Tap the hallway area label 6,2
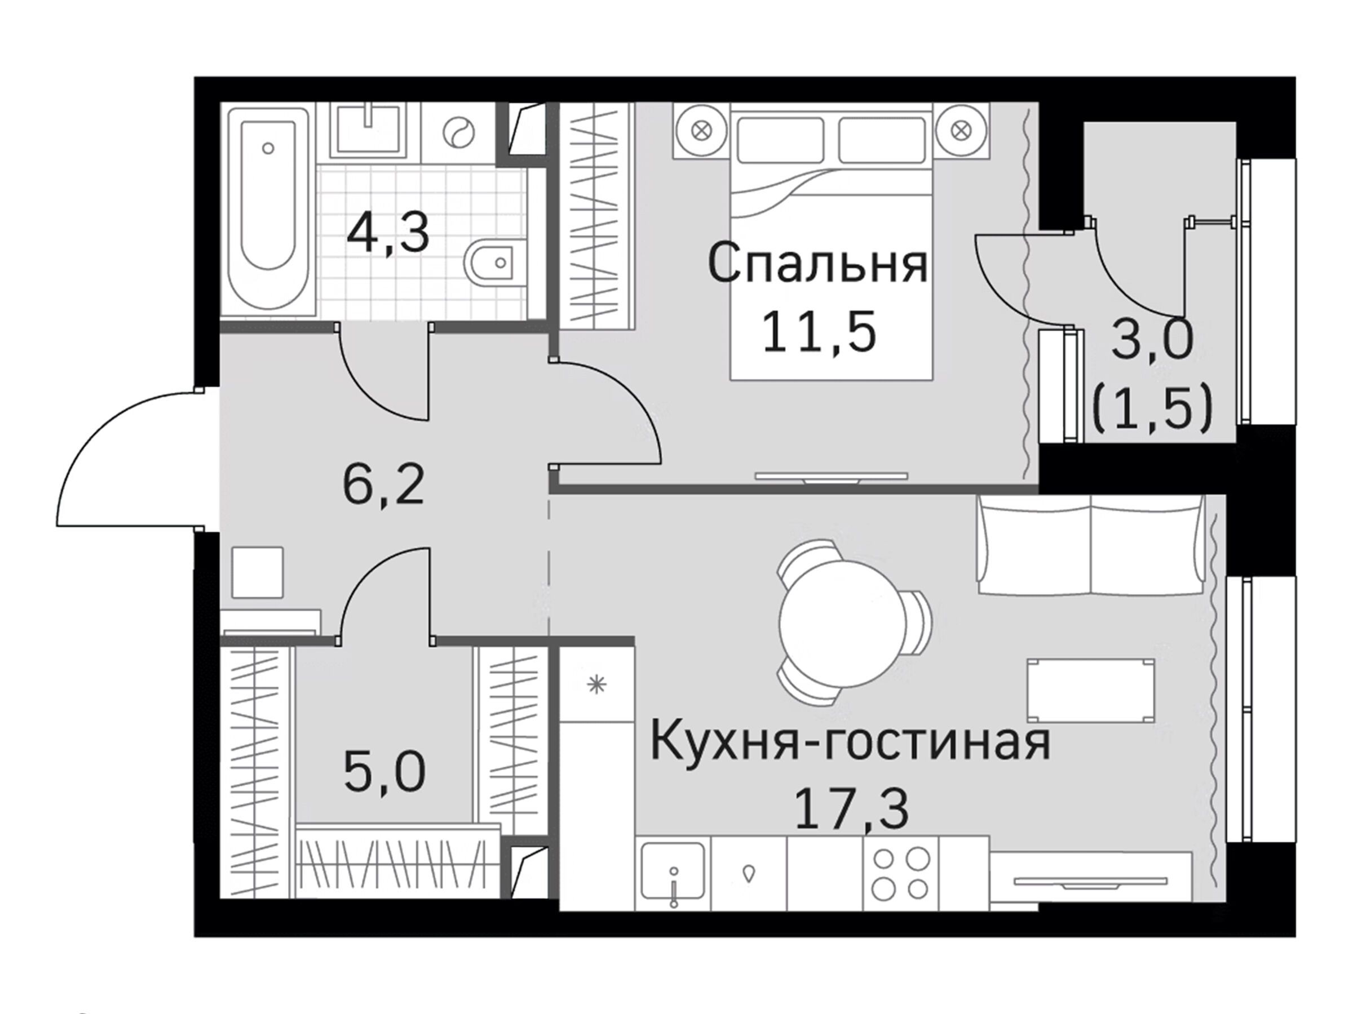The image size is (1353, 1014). (x=383, y=484)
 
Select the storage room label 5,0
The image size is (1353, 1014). (x=384, y=772)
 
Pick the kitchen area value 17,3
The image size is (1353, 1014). (x=851, y=810)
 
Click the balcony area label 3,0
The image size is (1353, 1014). (x=1152, y=340)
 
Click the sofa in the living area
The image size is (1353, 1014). (x=1090, y=544)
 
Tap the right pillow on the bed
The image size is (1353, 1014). (x=881, y=140)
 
